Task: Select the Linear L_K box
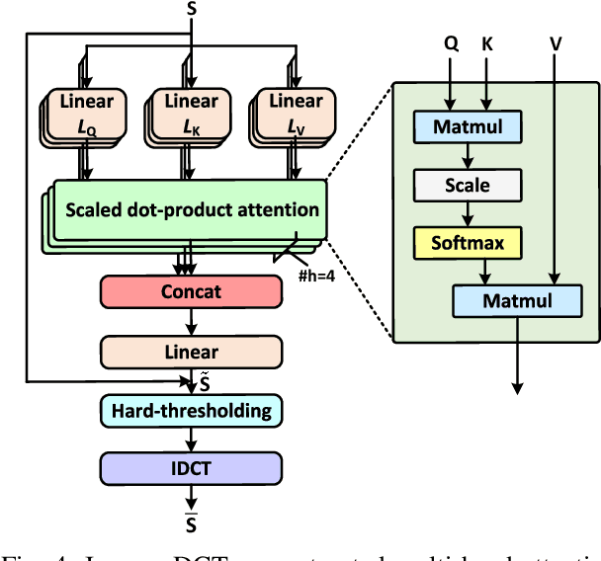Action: point(191,112)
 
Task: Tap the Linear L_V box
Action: point(296,112)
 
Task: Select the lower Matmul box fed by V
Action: point(515,300)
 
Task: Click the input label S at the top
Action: point(191,9)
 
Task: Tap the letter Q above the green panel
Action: point(450,43)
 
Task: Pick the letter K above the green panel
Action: point(487,43)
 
